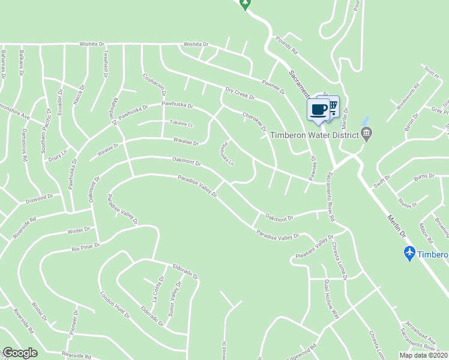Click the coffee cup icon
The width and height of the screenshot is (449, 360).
click(x=318, y=109)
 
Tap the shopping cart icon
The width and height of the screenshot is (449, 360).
click(x=332, y=106)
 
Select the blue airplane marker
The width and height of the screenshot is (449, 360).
click(x=409, y=253)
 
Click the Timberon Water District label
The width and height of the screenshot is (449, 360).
click(x=314, y=135)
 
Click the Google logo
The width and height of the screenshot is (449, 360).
click(x=20, y=353)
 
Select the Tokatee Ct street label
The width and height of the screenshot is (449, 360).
click(x=181, y=124)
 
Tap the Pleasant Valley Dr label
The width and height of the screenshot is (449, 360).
click(x=313, y=248)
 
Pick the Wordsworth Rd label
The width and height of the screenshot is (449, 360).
click(x=408, y=95)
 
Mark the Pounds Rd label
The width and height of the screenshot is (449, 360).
click(x=287, y=48)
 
